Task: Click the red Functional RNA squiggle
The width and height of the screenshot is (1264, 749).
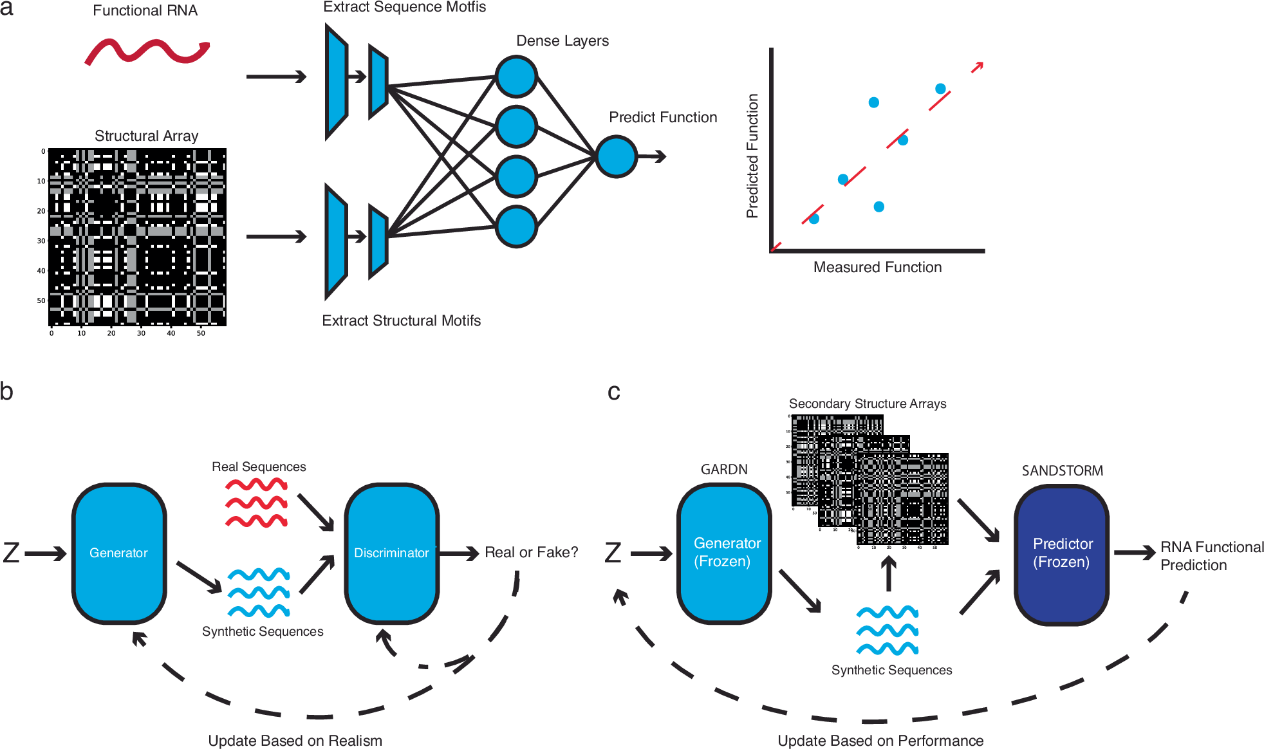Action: click(x=147, y=51)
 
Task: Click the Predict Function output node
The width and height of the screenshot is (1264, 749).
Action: click(x=616, y=156)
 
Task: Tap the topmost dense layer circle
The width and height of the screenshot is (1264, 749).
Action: click(x=516, y=77)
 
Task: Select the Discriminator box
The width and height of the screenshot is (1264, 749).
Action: click(x=391, y=553)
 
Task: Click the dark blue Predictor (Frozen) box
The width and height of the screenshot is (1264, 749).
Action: click(x=1061, y=553)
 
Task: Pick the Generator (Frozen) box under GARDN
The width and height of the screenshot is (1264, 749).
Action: click(x=724, y=553)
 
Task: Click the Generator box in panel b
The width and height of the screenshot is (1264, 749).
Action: click(x=119, y=553)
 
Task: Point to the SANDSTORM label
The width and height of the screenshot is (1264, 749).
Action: click(x=1062, y=471)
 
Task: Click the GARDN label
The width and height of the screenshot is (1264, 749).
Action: click(x=724, y=470)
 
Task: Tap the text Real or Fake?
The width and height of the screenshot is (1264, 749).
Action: click(x=531, y=553)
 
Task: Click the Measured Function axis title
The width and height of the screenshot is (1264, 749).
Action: click(x=877, y=267)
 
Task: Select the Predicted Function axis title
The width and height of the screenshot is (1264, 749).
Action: click(x=752, y=156)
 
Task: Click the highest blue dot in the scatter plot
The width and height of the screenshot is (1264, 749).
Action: click(x=940, y=89)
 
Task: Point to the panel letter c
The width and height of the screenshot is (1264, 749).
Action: click(x=614, y=391)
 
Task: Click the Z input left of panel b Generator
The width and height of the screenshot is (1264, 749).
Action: click(x=12, y=553)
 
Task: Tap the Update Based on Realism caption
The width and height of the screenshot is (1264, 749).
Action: click(x=295, y=741)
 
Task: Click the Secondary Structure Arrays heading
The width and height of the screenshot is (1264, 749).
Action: click(x=868, y=403)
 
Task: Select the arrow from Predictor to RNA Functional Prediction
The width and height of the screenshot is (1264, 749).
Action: click(x=1135, y=553)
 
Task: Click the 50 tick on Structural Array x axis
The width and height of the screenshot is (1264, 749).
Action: click(x=201, y=333)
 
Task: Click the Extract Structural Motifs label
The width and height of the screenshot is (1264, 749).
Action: click(x=401, y=320)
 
